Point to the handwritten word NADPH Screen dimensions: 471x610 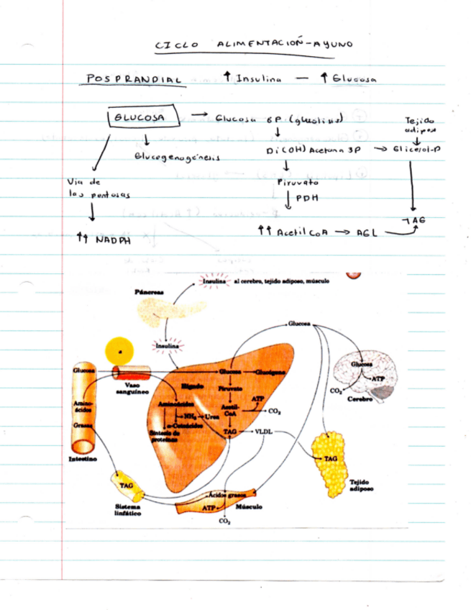[x=114, y=241]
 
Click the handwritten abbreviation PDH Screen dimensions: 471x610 [x=306, y=199]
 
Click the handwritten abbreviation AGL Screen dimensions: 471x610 [x=360, y=233]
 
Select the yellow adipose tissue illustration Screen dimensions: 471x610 [x=331, y=460]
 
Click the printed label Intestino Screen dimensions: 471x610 [x=83, y=457]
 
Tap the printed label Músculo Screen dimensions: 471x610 [x=248, y=506]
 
